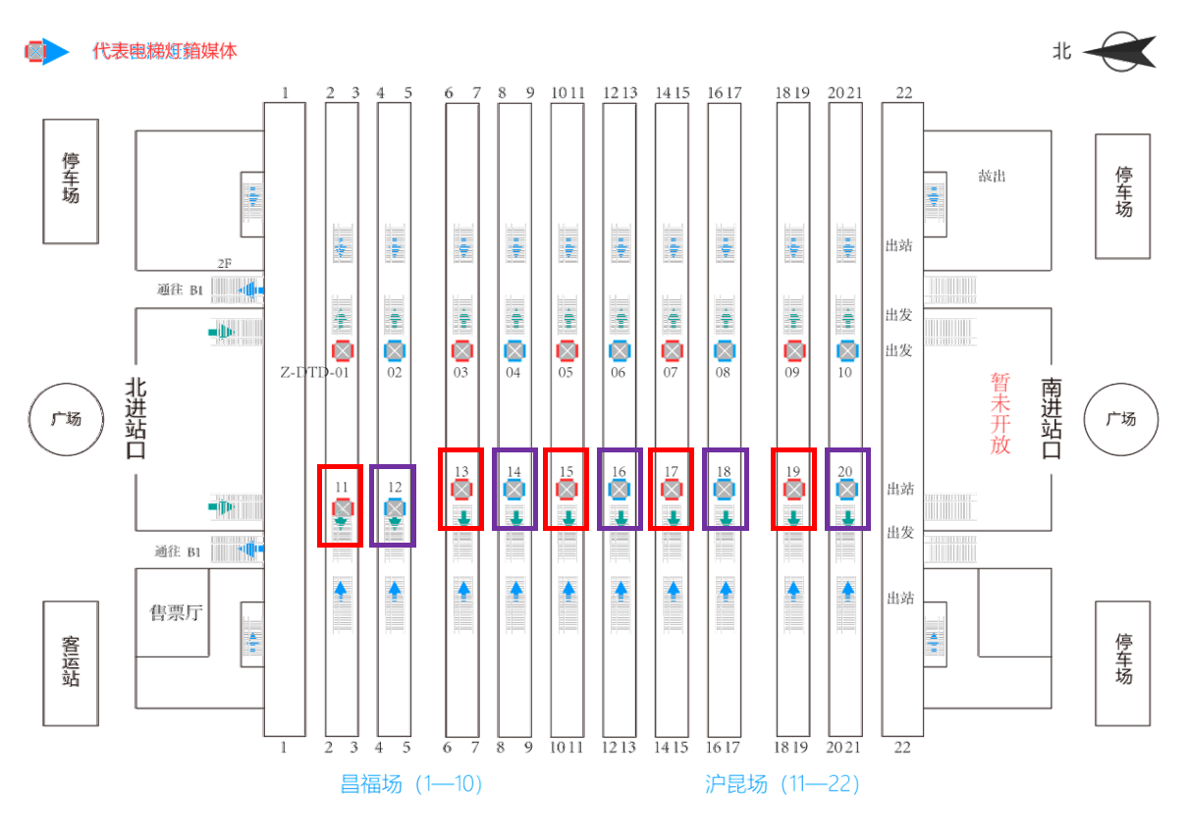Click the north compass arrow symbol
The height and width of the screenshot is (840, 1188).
tap(1125, 51)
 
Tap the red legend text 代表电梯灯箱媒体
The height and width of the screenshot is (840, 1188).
tap(165, 51)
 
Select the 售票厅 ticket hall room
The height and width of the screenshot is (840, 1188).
tap(175, 612)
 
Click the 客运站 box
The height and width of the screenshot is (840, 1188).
tap(71, 662)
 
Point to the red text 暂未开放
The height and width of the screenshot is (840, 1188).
tap(1000, 413)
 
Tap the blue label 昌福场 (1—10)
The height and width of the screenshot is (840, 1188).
tap(410, 784)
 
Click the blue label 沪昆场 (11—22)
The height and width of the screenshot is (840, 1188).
tap(782, 784)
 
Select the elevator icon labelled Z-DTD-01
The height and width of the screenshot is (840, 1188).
tap(342, 350)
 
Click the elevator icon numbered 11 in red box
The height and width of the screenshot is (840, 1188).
tap(342, 508)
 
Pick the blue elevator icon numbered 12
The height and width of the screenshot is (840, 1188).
tap(394, 508)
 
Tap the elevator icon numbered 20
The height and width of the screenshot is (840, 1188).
tap(846, 489)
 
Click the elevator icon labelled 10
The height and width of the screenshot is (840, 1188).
tap(846, 350)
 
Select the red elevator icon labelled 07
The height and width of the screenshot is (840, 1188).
tap(672, 350)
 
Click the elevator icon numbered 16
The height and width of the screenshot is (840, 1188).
tap(619, 489)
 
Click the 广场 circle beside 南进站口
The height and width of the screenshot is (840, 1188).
tap(1120, 419)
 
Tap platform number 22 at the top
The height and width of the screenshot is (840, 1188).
tap(903, 93)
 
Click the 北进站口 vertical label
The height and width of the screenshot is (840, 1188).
tap(135, 419)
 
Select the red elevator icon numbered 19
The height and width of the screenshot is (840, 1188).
tap(793, 489)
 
